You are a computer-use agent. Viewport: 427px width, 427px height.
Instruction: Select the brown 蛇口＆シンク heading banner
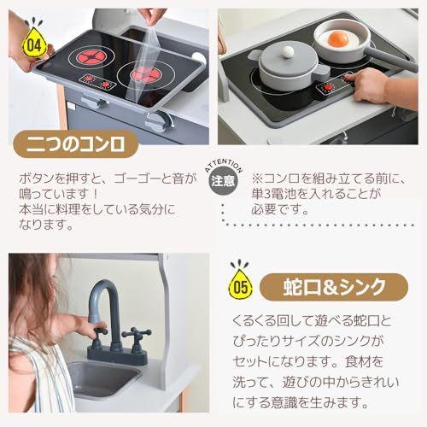pos(336,284)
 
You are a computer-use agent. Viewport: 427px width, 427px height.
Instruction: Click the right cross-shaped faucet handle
pos(134,336)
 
